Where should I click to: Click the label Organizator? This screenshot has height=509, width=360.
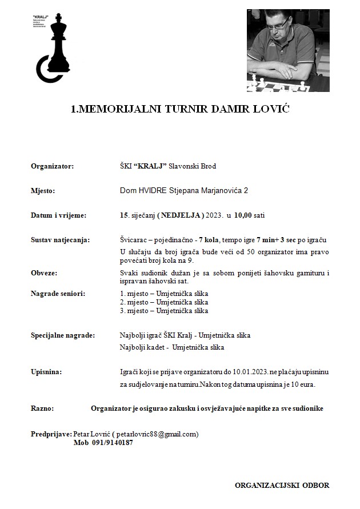53,166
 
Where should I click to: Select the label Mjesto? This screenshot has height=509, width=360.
42,191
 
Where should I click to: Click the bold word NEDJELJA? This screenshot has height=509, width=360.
181,215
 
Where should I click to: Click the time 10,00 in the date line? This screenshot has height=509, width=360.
246,215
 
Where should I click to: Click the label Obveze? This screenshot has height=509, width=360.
43,272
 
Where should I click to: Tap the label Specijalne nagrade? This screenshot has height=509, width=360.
62,335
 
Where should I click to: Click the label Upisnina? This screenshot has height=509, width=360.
46,372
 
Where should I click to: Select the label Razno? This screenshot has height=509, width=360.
42,408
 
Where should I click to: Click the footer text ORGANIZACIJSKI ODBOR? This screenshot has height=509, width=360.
282,485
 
